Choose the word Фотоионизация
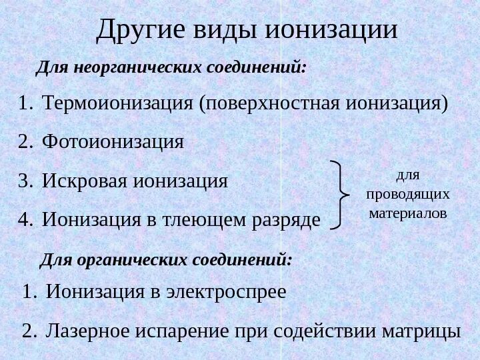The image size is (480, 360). click(113, 141)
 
